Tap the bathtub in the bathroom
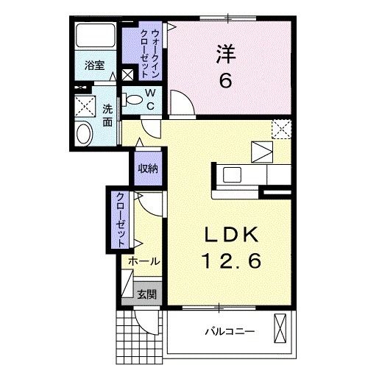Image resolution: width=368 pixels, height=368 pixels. (x=95, y=37)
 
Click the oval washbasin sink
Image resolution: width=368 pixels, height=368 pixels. (x=85, y=135)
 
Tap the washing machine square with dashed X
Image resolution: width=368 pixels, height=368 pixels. (x=86, y=107)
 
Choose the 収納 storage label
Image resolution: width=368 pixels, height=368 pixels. (x=147, y=169)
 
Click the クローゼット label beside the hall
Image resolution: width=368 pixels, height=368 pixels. (x=119, y=218)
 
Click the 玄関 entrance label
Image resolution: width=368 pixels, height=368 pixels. (x=146, y=294)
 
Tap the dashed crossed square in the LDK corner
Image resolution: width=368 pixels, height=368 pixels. (x=280, y=129)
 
